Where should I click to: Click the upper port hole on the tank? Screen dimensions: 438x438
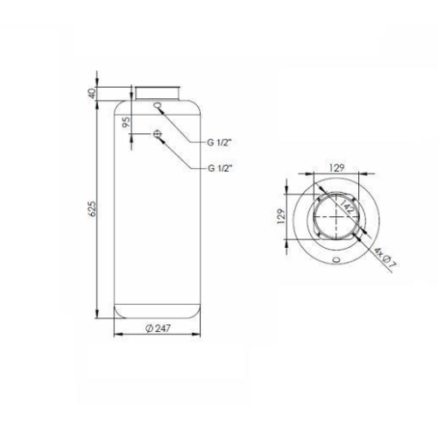click(157, 107)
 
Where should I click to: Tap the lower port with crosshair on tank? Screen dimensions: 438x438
click(157, 133)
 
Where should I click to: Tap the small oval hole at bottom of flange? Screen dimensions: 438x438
click(336, 259)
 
